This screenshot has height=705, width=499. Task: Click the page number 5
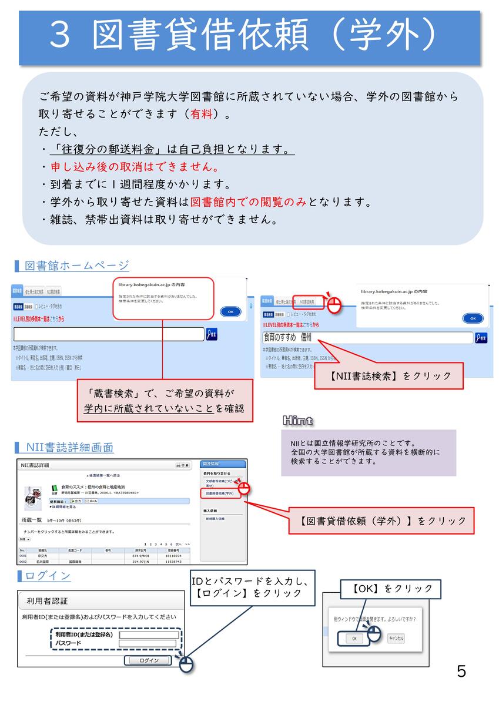click(x=461, y=672)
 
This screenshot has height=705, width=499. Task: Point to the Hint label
click(x=297, y=420)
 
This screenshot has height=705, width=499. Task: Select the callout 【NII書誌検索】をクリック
click(x=389, y=376)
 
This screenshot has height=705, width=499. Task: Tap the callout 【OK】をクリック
click(x=391, y=589)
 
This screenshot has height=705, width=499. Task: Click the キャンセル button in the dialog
click(x=396, y=638)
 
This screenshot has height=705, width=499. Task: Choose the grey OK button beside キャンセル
click(x=354, y=639)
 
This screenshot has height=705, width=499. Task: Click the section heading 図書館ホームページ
click(x=76, y=266)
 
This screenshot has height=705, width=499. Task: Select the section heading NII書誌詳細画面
click(x=69, y=448)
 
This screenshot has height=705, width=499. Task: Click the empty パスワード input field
click(x=148, y=643)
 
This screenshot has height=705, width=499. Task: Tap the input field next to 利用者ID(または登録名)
click(x=148, y=635)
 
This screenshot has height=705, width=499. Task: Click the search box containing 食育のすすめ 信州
click(x=367, y=338)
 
